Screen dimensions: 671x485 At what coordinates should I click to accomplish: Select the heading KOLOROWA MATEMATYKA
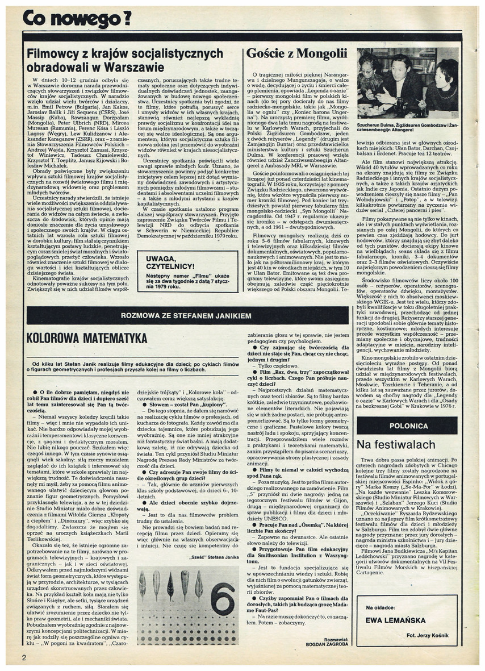pos(86,338)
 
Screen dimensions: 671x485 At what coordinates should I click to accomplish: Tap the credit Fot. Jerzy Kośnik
pos(433,634)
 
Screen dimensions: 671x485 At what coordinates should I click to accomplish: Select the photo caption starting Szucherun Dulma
pos(407,126)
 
